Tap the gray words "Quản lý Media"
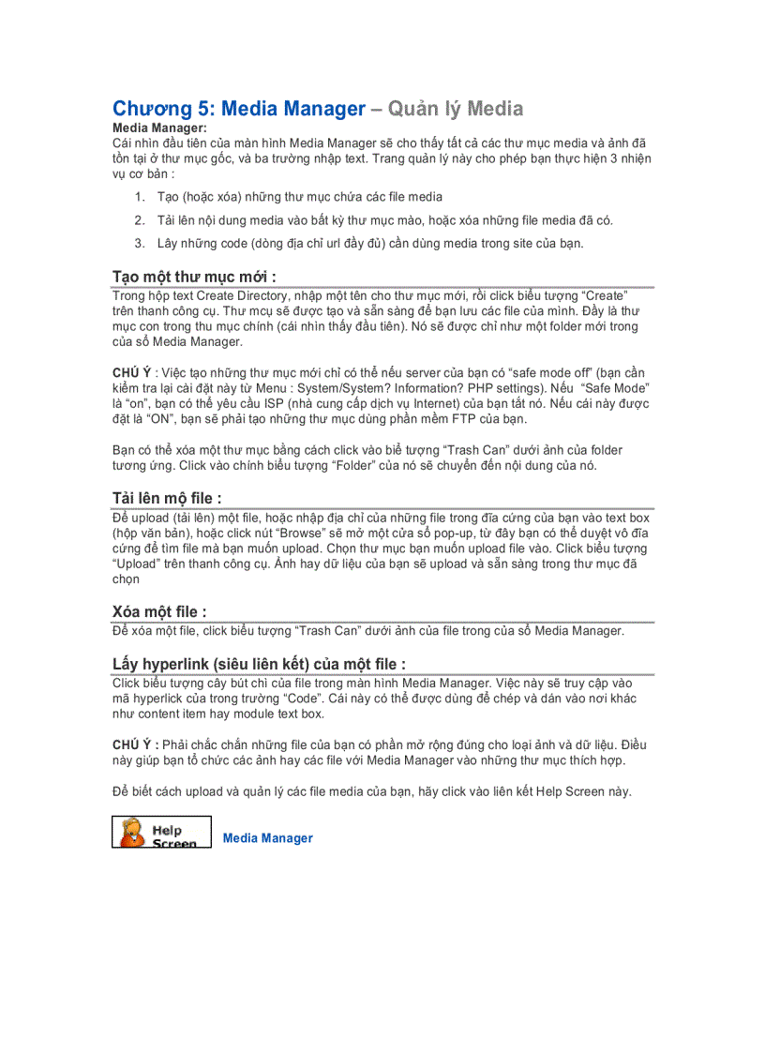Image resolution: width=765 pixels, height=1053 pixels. tap(455, 109)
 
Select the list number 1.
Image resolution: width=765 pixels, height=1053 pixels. tap(139, 197)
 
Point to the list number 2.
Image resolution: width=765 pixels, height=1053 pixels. tap(139, 220)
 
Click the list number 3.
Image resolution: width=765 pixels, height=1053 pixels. tap(139, 244)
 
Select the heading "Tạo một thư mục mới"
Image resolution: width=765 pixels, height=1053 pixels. tap(194, 276)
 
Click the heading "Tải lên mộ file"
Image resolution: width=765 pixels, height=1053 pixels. tap(166, 498)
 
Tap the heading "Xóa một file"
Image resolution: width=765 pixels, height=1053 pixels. tap(158, 611)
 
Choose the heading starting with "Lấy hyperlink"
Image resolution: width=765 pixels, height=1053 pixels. tap(259, 664)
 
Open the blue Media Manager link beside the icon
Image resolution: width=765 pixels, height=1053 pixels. tap(268, 838)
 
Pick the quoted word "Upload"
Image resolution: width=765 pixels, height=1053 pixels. tap(140, 564)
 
